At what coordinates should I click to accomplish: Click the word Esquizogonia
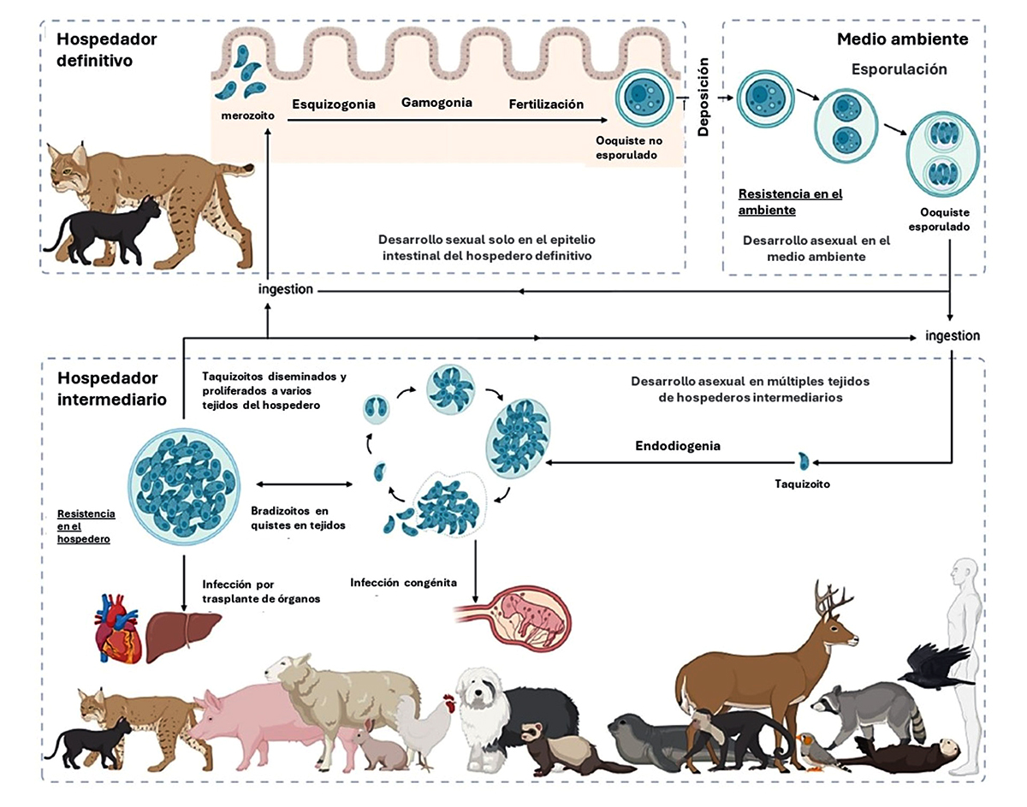pyautogui.click(x=333, y=104)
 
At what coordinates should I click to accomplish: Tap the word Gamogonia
pyautogui.click(x=436, y=103)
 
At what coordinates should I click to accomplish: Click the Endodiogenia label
pyautogui.click(x=678, y=446)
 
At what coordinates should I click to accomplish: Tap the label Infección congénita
pyautogui.click(x=403, y=583)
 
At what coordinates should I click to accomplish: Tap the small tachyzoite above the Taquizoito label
pyautogui.click(x=803, y=461)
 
